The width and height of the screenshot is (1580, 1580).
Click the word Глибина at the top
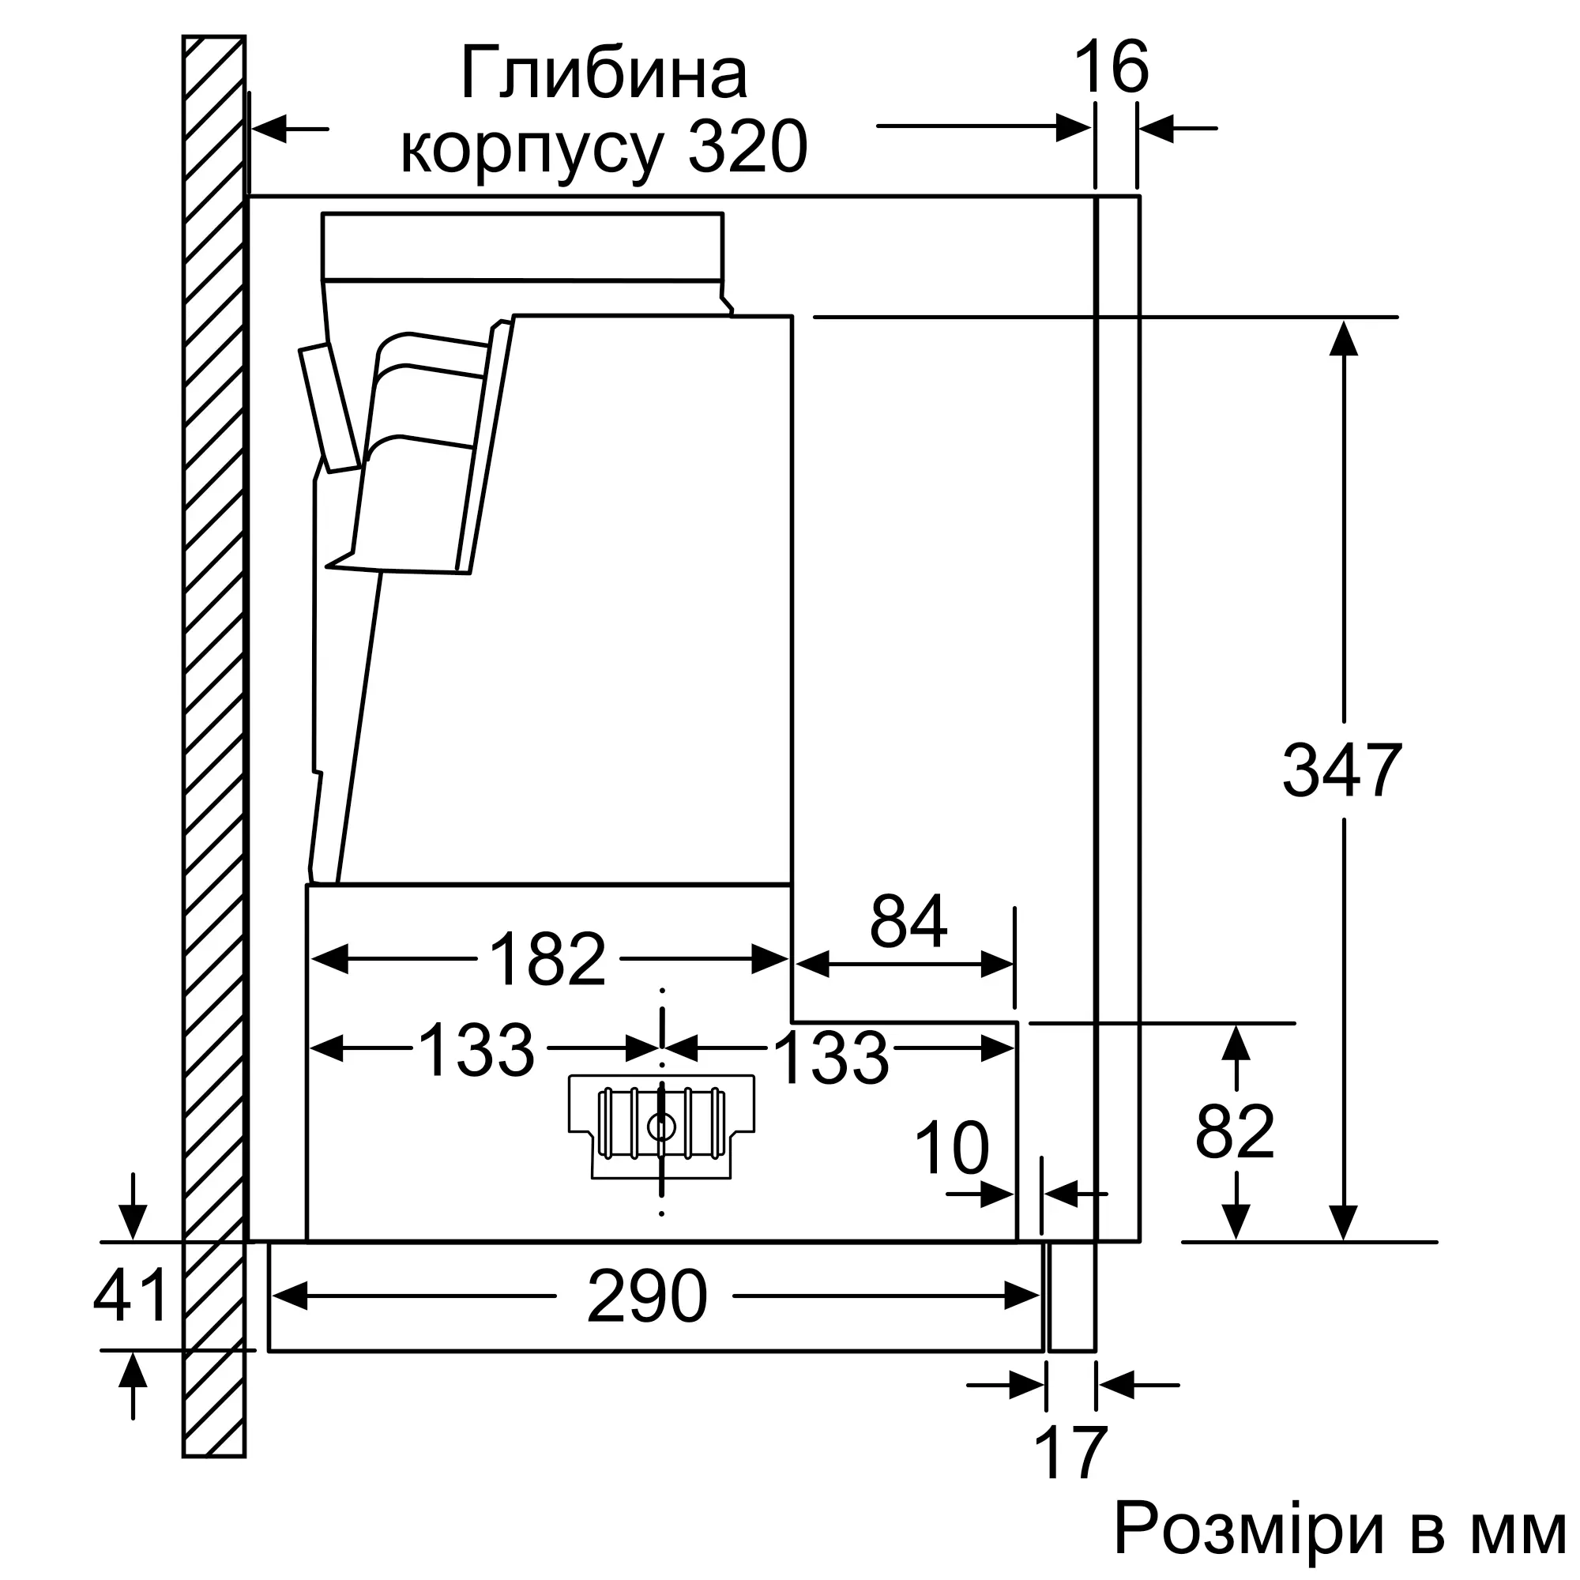(604, 75)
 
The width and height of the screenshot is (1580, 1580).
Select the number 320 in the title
(747, 148)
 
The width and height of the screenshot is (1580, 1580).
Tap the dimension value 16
(1112, 68)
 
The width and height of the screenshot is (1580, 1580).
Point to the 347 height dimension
(1342, 770)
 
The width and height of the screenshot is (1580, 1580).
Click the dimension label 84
(908, 922)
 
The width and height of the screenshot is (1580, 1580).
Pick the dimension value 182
(547, 959)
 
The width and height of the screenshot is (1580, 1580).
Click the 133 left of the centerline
(476, 1050)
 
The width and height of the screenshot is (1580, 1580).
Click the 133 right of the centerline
(831, 1059)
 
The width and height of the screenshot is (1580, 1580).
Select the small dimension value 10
(952, 1148)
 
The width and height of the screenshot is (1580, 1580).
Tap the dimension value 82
(1235, 1133)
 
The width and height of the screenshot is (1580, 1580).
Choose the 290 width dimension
(646, 1296)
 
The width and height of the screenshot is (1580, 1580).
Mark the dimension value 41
(130, 1296)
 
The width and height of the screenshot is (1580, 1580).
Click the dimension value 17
(1070, 1453)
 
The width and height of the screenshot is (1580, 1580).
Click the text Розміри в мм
(1340, 1529)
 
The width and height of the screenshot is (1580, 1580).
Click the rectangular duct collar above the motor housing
(522, 246)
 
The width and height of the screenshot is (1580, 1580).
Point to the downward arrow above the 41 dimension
(133, 1222)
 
